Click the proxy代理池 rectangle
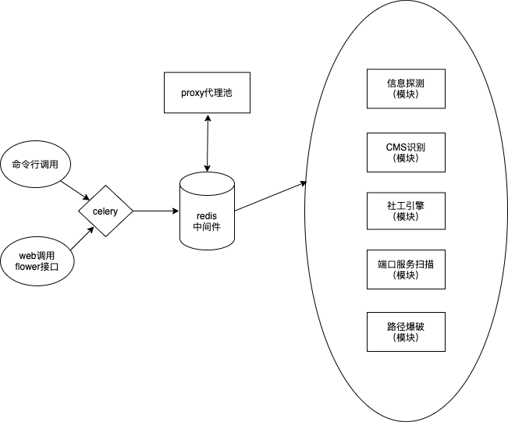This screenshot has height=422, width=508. [207, 92]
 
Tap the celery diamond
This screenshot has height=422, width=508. [105, 211]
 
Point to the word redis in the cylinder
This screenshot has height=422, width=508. [207, 215]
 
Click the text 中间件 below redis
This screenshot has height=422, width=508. [207, 227]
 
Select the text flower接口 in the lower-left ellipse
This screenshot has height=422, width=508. [36, 267]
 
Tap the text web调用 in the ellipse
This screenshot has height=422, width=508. [36, 255]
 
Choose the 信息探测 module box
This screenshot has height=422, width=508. [406, 88]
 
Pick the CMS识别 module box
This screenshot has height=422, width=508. [406, 152]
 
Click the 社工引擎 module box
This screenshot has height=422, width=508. [406, 211]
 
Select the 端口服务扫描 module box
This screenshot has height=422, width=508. [406, 269]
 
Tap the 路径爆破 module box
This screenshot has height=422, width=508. [406, 332]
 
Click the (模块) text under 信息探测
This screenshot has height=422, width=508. [406, 94]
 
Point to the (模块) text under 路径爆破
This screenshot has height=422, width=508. [406, 338]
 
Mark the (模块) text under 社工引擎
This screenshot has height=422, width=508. [406, 217]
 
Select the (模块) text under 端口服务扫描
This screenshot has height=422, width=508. [406, 275]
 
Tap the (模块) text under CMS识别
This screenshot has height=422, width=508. [406, 158]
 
